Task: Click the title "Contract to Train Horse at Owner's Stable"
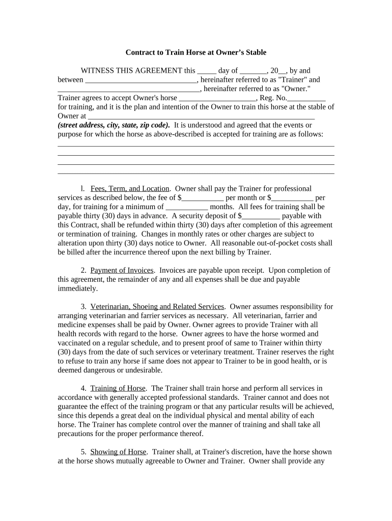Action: click(196, 52)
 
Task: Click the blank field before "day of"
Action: click(207, 71)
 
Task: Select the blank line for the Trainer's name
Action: click(141, 80)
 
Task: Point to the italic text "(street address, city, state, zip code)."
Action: click(114, 125)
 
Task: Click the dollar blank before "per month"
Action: click(203, 198)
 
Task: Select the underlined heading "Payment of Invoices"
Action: click(122, 271)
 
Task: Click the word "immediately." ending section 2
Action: click(77, 289)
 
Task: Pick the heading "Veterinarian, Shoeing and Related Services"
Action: click(157, 307)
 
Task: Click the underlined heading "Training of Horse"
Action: click(118, 389)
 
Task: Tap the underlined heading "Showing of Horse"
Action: click(119, 452)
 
